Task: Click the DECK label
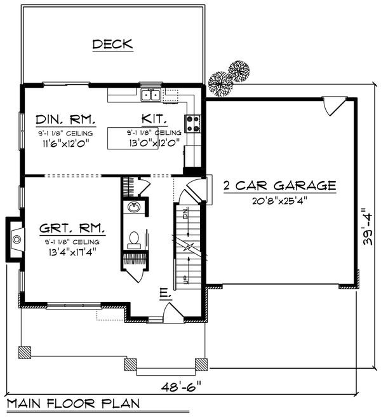click(x=112, y=44)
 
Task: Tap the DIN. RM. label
click(x=65, y=120)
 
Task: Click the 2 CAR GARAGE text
click(x=279, y=186)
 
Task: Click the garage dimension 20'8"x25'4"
click(x=279, y=200)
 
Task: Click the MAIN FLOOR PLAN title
click(x=75, y=404)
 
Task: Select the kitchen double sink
click(x=150, y=96)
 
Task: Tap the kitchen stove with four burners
click(x=193, y=123)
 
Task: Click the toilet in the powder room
click(x=134, y=240)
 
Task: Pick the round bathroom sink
click(x=134, y=207)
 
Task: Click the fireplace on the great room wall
click(x=16, y=239)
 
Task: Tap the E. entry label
click(x=164, y=294)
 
